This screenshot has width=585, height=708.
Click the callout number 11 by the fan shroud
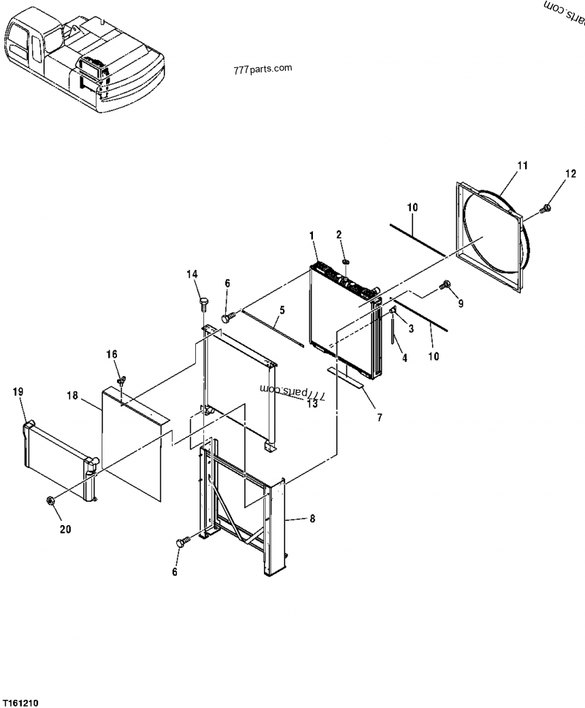pos(522,166)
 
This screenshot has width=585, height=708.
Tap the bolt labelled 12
pos(546,208)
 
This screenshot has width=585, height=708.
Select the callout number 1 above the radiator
pos(312,236)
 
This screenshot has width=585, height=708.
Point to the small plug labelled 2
pos(347,261)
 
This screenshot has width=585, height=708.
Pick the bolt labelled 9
pos(445,285)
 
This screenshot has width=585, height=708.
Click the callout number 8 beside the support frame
pos(312,519)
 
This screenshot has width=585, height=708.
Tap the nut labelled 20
pos(50,500)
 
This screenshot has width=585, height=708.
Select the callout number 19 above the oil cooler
pos(18,391)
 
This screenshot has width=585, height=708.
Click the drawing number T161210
pos(20,703)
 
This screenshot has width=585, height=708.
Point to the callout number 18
pos(72,396)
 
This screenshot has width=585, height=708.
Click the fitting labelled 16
pos(121,381)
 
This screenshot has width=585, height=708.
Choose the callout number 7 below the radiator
pos(380,418)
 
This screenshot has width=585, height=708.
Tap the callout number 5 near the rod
pos(282,310)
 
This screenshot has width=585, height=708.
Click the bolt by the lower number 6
pos(184,542)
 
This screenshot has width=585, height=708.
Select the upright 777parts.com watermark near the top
pos(263,69)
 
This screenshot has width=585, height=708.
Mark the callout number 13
pos(312,403)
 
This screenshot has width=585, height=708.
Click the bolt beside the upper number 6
pos(229,317)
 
